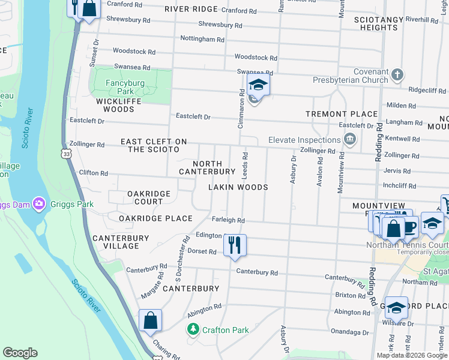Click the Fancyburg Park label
click(116, 87)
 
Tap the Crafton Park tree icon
click(193, 329)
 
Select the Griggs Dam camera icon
click(39, 204)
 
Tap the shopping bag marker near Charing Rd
click(150, 320)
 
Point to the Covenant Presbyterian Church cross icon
click(397, 75)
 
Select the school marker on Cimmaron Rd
click(258, 85)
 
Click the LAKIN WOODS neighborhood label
click(238, 187)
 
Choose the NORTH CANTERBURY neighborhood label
click(208, 167)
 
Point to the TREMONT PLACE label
click(343, 113)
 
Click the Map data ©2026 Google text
click(411, 355)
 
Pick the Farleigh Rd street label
click(228, 220)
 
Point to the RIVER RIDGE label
click(191, 9)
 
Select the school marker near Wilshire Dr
click(396, 308)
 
